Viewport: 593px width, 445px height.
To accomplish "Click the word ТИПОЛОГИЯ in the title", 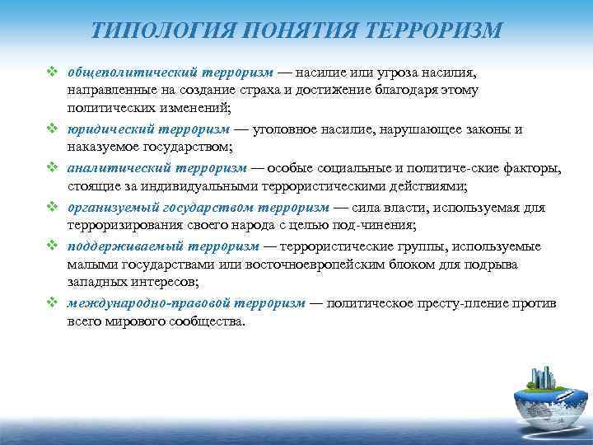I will click(x=161, y=31).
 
